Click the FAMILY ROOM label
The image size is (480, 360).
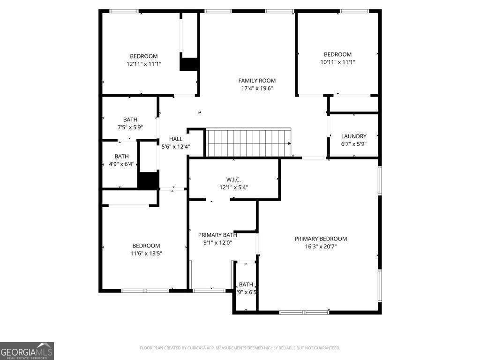click(x=257, y=81)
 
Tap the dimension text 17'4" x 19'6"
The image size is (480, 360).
click(x=257, y=88)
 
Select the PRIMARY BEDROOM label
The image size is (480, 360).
click(x=321, y=239)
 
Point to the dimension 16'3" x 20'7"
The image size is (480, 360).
click(x=321, y=246)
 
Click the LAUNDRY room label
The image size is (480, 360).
click(x=354, y=136)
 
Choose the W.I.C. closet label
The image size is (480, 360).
click(x=233, y=180)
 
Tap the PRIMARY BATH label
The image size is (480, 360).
click(x=217, y=235)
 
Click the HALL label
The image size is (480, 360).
click(x=176, y=139)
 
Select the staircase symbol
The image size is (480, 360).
click(x=249, y=143)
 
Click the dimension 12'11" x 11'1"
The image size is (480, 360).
click(x=144, y=64)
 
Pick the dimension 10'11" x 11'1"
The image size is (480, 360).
click(x=337, y=62)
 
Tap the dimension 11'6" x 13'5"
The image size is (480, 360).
click(x=146, y=253)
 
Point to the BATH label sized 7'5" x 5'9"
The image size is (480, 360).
click(x=130, y=120)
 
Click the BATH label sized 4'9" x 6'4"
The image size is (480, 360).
click(x=121, y=157)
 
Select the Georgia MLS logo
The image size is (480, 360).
click(x=27, y=351)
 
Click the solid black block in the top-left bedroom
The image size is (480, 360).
click(x=189, y=64)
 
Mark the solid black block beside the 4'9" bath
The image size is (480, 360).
click(x=148, y=181)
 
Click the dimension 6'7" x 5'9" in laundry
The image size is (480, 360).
click(x=354, y=144)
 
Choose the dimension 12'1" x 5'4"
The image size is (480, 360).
click(x=233, y=187)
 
